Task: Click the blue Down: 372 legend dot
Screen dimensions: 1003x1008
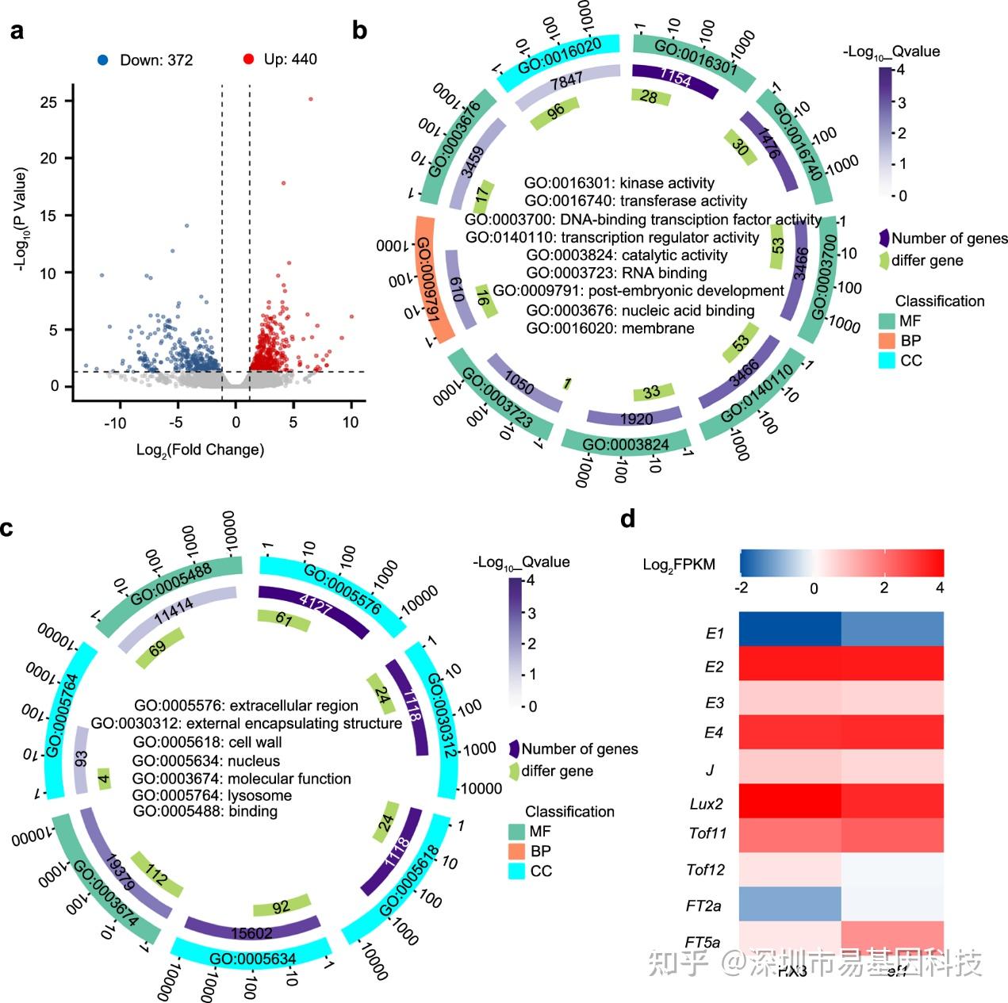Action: (102, 59)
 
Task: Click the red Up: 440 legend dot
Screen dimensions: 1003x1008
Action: (248, 59)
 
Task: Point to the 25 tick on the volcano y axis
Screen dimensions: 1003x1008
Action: (49, 101)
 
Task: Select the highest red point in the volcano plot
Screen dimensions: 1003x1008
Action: (311, 99)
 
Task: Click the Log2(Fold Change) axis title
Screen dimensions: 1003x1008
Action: (200, 450)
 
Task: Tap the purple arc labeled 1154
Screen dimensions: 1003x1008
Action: (675, 79)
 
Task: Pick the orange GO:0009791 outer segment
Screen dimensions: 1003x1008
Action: (434, 279)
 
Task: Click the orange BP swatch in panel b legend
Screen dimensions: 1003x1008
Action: (887, 340)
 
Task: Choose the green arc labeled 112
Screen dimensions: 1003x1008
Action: (156, 875)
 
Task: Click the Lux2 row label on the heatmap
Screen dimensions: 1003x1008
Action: (706, 803)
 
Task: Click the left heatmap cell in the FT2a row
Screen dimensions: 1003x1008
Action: (790, 903)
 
